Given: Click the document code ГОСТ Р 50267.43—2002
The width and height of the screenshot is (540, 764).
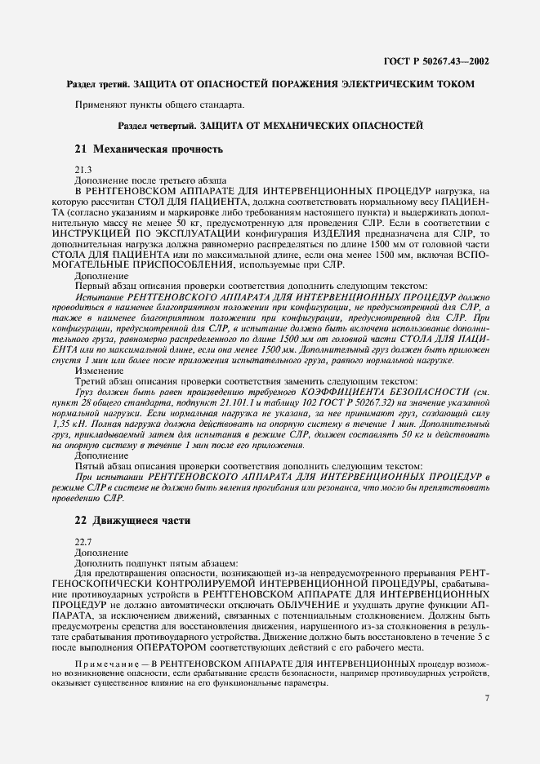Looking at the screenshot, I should point(431,60).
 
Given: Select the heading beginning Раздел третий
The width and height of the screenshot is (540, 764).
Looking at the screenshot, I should point(270,84).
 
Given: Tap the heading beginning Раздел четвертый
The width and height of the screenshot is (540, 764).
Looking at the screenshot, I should point(270,127).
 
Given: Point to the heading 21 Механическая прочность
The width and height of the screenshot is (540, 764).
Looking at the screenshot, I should point(148,149).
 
